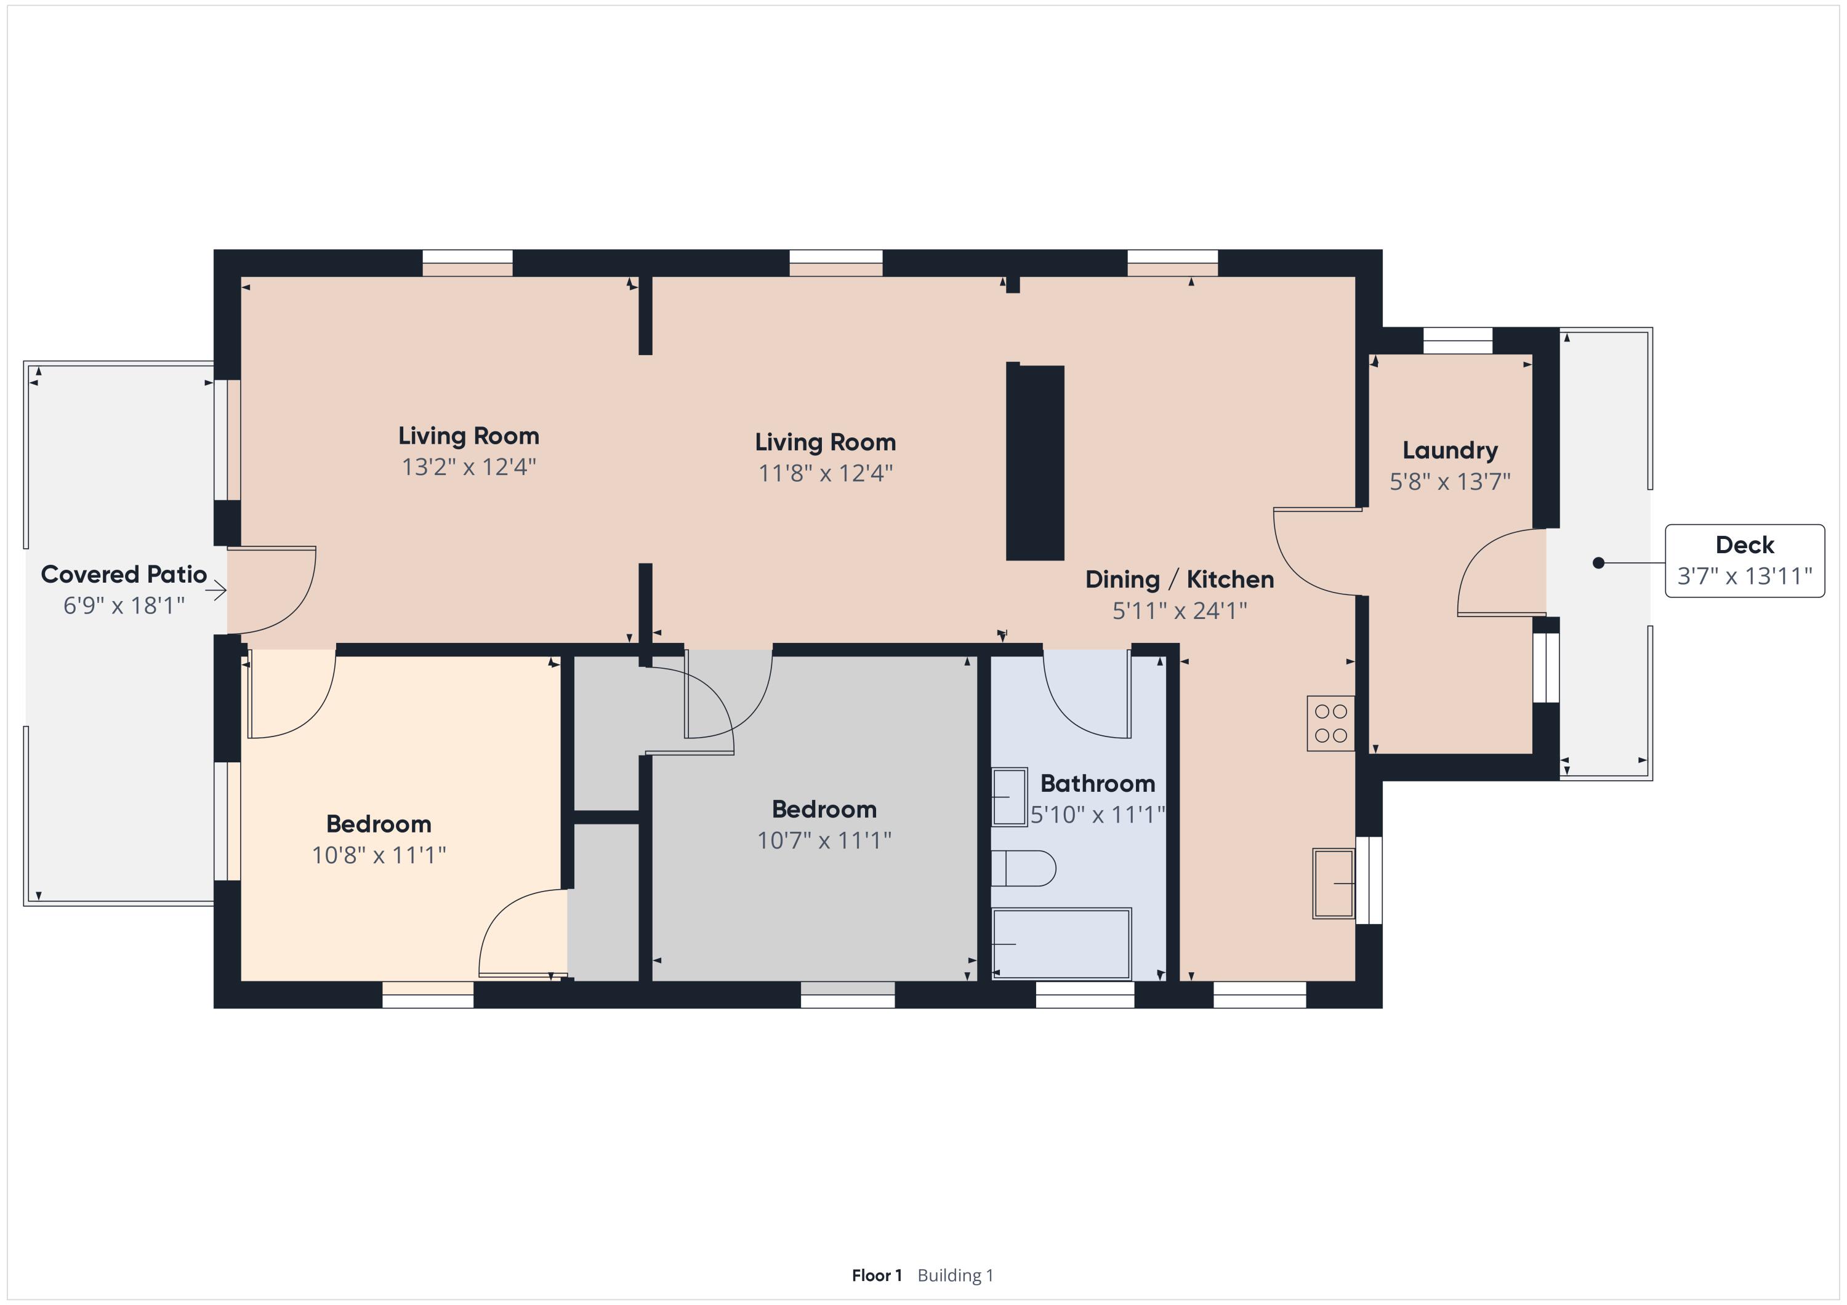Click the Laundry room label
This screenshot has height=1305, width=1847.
1450,450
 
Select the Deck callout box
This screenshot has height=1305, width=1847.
1744,561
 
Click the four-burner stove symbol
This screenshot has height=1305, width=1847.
1330,723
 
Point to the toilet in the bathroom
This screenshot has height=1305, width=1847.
1023,868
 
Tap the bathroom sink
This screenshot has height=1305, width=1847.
1009,797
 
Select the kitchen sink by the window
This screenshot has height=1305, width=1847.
1334,883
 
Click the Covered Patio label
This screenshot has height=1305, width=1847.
124,574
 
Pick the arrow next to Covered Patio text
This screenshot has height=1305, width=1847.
215,591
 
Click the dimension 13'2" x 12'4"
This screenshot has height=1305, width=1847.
469,466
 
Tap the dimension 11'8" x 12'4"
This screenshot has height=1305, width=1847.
826,473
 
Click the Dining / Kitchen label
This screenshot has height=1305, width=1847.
1180,580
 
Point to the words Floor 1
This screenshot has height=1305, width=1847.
877,1275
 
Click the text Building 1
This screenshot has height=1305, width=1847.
956,1275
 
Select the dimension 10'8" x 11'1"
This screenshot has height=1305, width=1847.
379,855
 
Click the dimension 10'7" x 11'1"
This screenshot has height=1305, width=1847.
824,840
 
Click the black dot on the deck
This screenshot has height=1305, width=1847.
1598,563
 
